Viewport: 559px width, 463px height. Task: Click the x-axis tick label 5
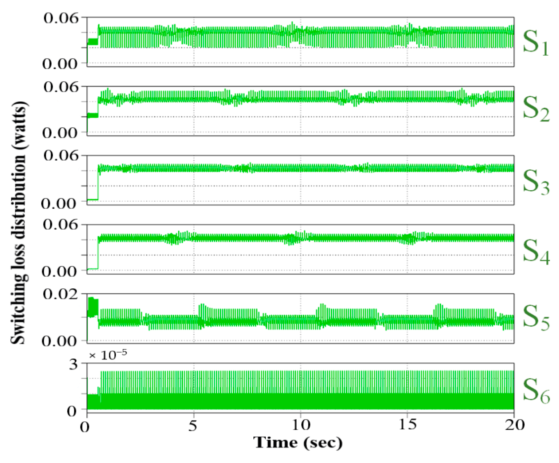[x=193, y=426]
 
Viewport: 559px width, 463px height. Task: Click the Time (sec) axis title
[x=298, y=443]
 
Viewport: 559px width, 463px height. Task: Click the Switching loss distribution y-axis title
[x=19, y=222]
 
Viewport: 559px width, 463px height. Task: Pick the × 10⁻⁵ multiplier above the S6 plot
[x=108, y=355]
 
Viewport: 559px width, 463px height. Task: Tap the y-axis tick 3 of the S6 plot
[x=73, y=365]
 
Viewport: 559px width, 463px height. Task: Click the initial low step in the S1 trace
[x=93, y=41]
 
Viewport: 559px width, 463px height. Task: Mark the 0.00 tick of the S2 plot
[x=60, y=133]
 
